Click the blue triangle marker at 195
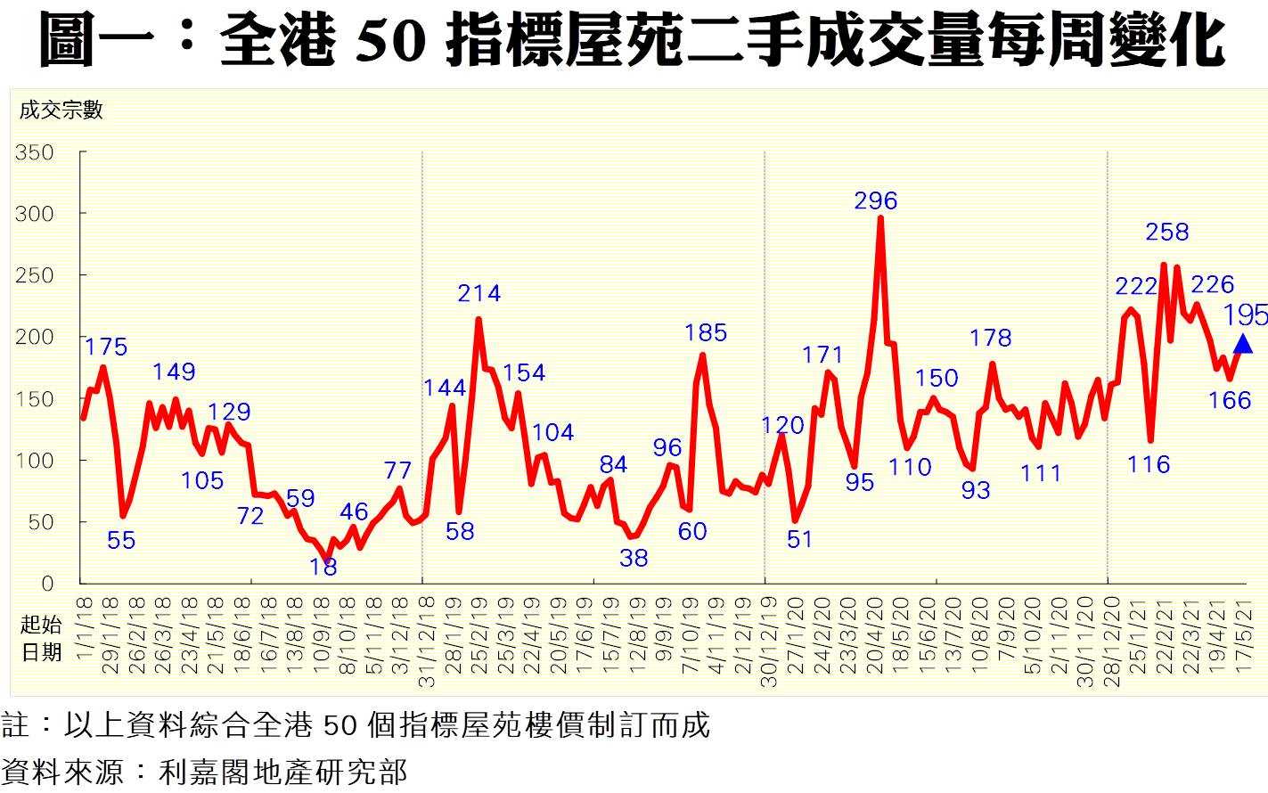tap(1242, 344)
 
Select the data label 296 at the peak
tap(875, 201)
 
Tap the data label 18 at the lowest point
tap(323, 568)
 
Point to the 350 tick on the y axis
tap(35, 152)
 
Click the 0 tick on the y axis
tap(47, 584)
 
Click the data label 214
tap(479, 293)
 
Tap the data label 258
tap(1166, 233)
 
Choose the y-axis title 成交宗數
tap(61, 110)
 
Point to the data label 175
tap(106, 347)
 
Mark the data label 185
tap(705, 333)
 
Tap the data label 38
tap(634, 559)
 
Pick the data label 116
tap(1149, 464)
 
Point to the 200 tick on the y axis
tap(35, 337)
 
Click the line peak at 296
tap(880, 218)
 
